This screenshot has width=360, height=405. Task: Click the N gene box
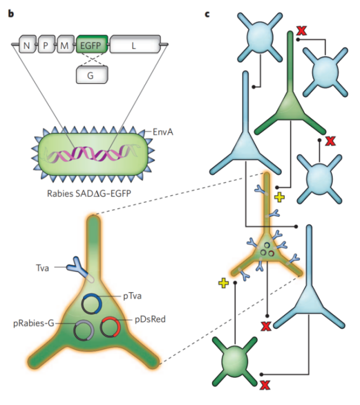pyautogui.click(x=27, y=45)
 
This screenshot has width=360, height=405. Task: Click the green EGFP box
pyautogui.click(x=92, y=44)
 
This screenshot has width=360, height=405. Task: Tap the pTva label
pyautogui.click(x=132, y=297)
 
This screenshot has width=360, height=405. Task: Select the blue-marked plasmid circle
pyautogui.click(x=92, y=303)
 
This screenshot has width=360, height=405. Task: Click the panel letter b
pyautogui.click(x=11, y=13)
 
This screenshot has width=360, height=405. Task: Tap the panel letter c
pyautogui.click(x=207, y=13)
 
